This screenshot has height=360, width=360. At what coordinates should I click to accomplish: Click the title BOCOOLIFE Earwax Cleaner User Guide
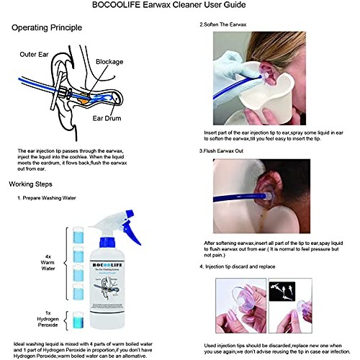click(x=179, y=7)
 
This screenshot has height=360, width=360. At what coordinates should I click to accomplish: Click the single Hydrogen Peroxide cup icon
click(x=78, y=319)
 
